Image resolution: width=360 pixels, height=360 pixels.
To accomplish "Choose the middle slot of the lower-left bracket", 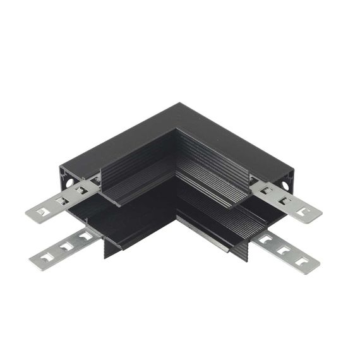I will click(64, 247).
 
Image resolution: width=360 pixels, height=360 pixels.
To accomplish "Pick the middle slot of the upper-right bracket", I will click(285, 200).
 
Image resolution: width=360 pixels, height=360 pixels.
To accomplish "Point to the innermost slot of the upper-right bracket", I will click(268, 189).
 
